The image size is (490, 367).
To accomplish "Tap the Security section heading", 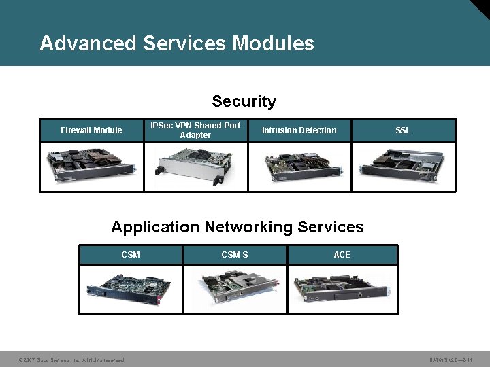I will (244, 101).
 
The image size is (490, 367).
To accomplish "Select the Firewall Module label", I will (91, 130).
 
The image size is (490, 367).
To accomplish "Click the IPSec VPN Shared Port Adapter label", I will (195, 130).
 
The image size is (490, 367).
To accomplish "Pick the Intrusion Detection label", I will (299, 130).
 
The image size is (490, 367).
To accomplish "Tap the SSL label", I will (403, 130).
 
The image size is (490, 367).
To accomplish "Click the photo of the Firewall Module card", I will (91, 167).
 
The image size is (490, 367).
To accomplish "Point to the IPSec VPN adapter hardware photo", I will (195, 167).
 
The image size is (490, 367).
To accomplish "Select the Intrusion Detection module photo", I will (299, 167).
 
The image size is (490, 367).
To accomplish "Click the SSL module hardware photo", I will (403, 167).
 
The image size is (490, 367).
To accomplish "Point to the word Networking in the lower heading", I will (257, 227).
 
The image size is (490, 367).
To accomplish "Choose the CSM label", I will (131, 255).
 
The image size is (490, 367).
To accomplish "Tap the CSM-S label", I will (235, 255).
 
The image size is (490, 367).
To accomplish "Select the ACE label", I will (342, 255).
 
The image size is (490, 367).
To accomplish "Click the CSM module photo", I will (131, 289).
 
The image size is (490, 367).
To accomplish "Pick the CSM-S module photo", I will (235, 289).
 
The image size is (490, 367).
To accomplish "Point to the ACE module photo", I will (342, 289).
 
